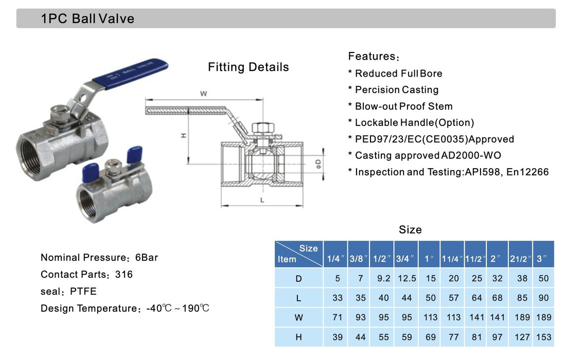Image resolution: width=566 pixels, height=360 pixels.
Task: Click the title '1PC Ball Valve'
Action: [x=87, y=19]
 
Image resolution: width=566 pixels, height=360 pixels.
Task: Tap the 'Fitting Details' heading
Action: [x=248, y=67]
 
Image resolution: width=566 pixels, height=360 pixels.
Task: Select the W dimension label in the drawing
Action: [x=203, y=94]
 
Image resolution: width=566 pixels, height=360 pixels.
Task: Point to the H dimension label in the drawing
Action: [x=184, y=135]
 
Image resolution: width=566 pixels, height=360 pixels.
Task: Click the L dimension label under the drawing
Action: [x=262, y=201]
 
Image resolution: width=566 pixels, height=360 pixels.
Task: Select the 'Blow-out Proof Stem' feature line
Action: [x=403, y=106]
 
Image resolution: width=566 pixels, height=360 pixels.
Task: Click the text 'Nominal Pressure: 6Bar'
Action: [x=99, y=258]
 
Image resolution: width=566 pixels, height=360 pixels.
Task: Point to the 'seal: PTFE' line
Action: [x=68, y=292]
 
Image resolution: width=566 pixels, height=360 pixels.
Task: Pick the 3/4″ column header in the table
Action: [x=406, y=259]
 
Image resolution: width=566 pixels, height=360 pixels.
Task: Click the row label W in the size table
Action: [x=298, y=317]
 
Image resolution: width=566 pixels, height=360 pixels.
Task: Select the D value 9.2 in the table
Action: [x=383, y=278]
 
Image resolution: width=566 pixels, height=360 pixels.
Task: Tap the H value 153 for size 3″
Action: [x=543, y=337]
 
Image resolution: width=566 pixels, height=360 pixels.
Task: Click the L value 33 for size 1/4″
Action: [x=337, y=298]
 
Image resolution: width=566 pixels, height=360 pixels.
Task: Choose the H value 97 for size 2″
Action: [x=497, y=337]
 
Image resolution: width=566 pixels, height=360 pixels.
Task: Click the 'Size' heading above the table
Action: [x=410, y=230]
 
